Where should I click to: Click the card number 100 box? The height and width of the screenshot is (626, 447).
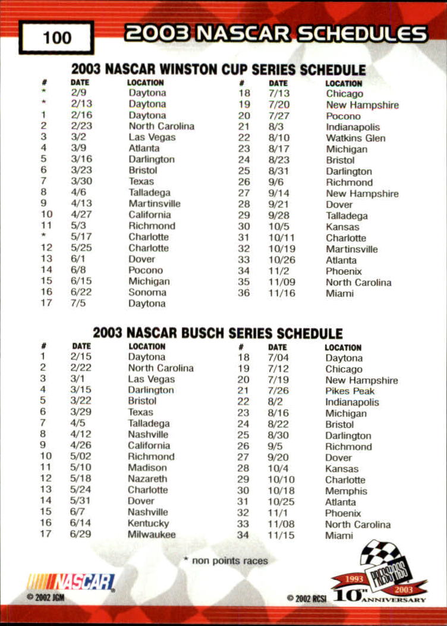56,37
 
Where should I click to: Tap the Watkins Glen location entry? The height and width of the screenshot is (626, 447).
355,138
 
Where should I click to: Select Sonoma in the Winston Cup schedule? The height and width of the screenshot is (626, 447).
147,292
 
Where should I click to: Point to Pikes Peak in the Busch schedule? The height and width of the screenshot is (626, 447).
350,391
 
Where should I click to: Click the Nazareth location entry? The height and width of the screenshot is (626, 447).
147,478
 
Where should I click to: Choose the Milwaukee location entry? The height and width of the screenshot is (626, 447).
152,534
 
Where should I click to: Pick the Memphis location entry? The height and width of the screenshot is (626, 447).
346,491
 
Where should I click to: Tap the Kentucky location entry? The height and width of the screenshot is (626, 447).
148,523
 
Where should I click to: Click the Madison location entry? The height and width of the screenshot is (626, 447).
147,468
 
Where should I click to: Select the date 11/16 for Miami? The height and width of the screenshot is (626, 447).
278,293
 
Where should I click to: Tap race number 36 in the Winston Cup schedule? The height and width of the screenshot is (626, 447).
244,293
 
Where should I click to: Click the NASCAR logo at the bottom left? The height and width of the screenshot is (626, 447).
71,581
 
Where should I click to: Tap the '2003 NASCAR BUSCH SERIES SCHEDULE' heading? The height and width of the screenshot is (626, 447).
218,333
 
